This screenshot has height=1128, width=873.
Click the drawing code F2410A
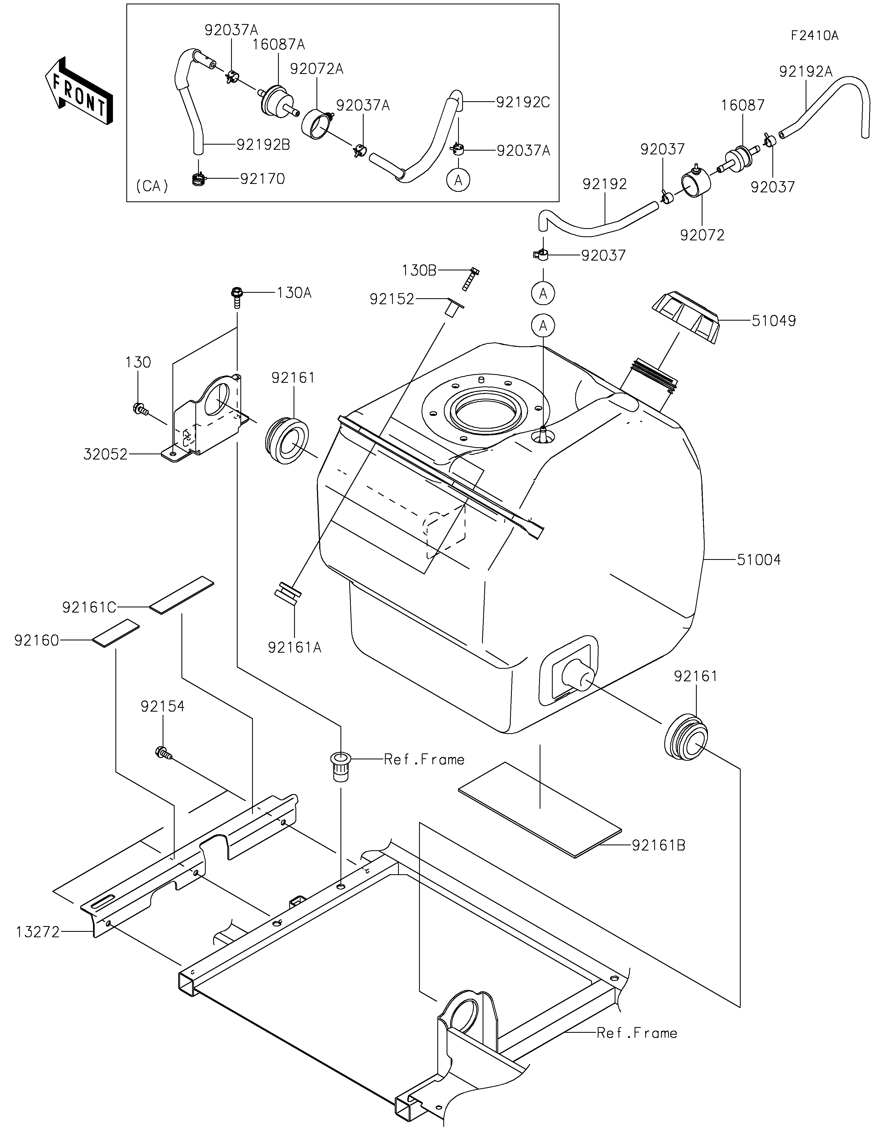pos(815,36)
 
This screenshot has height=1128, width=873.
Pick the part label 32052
pos(105,455)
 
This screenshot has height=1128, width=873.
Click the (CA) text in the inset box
pos(152,186)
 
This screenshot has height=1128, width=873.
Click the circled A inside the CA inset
pos(458,180)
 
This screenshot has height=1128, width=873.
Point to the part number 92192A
pos(806,72)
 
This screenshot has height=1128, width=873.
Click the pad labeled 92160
pos(116,633)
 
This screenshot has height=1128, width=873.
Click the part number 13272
pos(38,932)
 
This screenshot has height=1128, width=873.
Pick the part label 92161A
pos(294,647)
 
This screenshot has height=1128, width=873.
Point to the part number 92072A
pos(316,69)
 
